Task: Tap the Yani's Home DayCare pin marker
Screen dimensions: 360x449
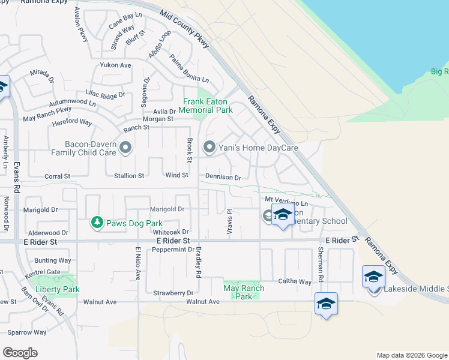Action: [209, 146]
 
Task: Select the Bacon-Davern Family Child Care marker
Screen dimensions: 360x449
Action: [125, 147]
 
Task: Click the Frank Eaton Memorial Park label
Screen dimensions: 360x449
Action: [208, 106]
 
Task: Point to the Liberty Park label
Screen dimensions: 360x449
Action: [57, 289]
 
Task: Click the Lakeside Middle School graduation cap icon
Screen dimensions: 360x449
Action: [373, 277]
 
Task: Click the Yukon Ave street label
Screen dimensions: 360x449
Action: [116, 65]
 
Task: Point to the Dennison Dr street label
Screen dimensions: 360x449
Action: [223, 178]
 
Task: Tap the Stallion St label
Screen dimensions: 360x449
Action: [129, 176]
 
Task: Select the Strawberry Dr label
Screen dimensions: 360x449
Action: [174, 293]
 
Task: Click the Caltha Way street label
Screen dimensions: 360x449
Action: [294, 281]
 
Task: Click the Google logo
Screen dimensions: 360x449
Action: [20, 353]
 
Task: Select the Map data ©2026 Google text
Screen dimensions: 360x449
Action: [411, 355]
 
